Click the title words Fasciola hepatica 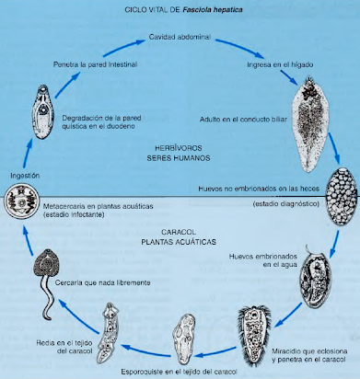[213, 10]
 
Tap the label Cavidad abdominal [180, 37]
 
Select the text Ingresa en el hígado [280, 64]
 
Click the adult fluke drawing [310, 123]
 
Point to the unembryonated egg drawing [342, 197]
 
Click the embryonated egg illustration [316, 280]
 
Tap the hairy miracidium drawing [254, 335]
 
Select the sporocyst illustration [183, 338]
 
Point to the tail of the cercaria [49, 296]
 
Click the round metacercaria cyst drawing [21, 201]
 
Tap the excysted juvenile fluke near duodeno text [43, 112]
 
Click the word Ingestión [25, 176]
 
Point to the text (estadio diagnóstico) [286, 203]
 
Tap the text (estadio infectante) [74, 214]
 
